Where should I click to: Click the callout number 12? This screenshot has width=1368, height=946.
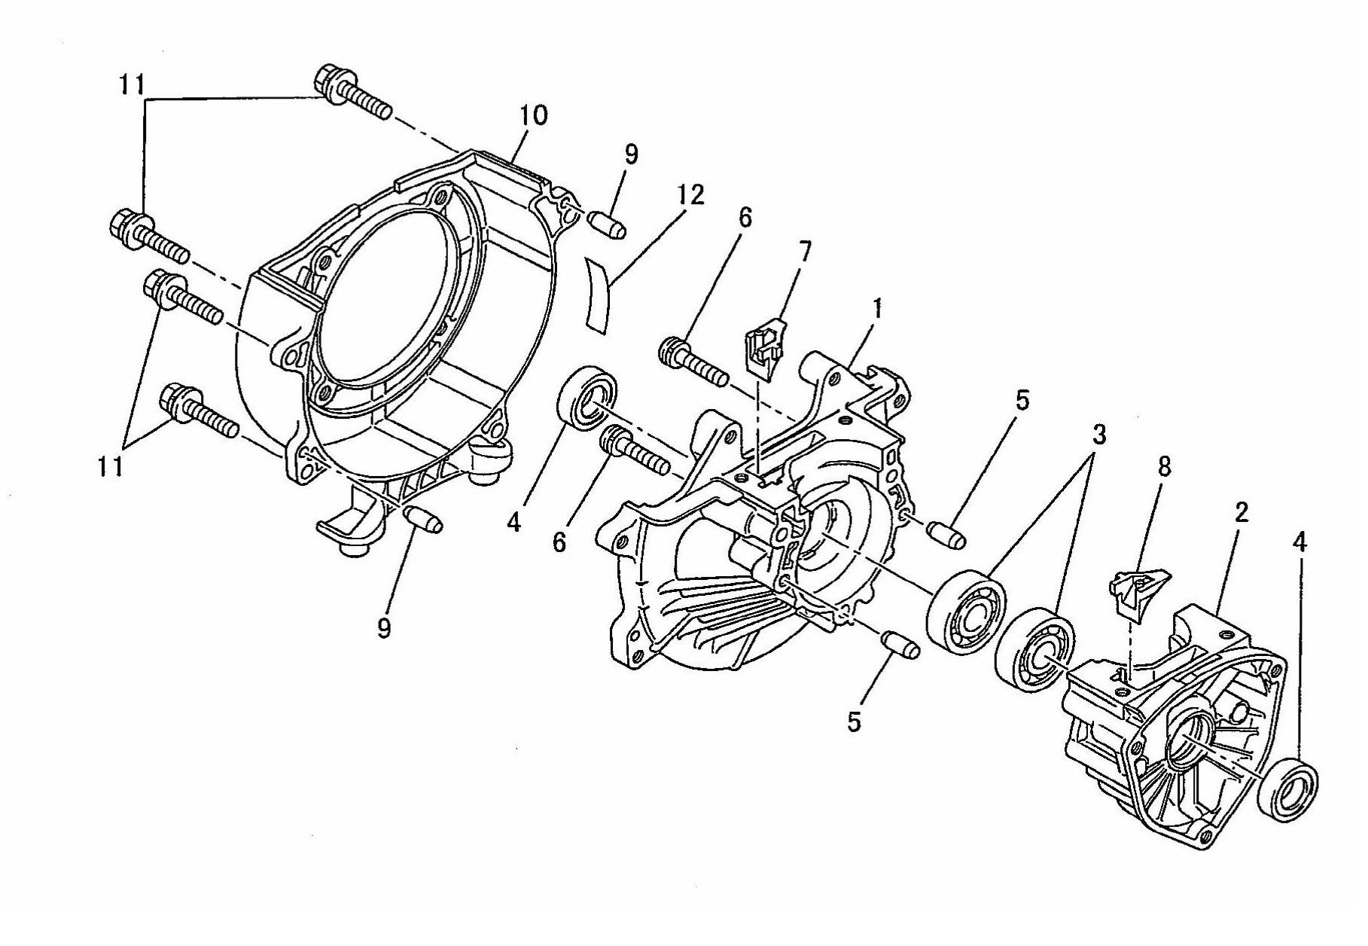[x=690, y=196]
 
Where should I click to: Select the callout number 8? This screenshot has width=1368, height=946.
[x=1164, y=467]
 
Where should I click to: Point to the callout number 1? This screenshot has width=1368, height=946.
[x=878, y=308]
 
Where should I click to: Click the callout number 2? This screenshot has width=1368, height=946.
[x=1242, y=513]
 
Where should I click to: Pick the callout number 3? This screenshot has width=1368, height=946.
[x=1099, y=435]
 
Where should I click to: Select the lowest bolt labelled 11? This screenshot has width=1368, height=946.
[x=200, y=413]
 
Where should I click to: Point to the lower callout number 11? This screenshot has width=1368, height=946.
[x=111, y=467]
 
